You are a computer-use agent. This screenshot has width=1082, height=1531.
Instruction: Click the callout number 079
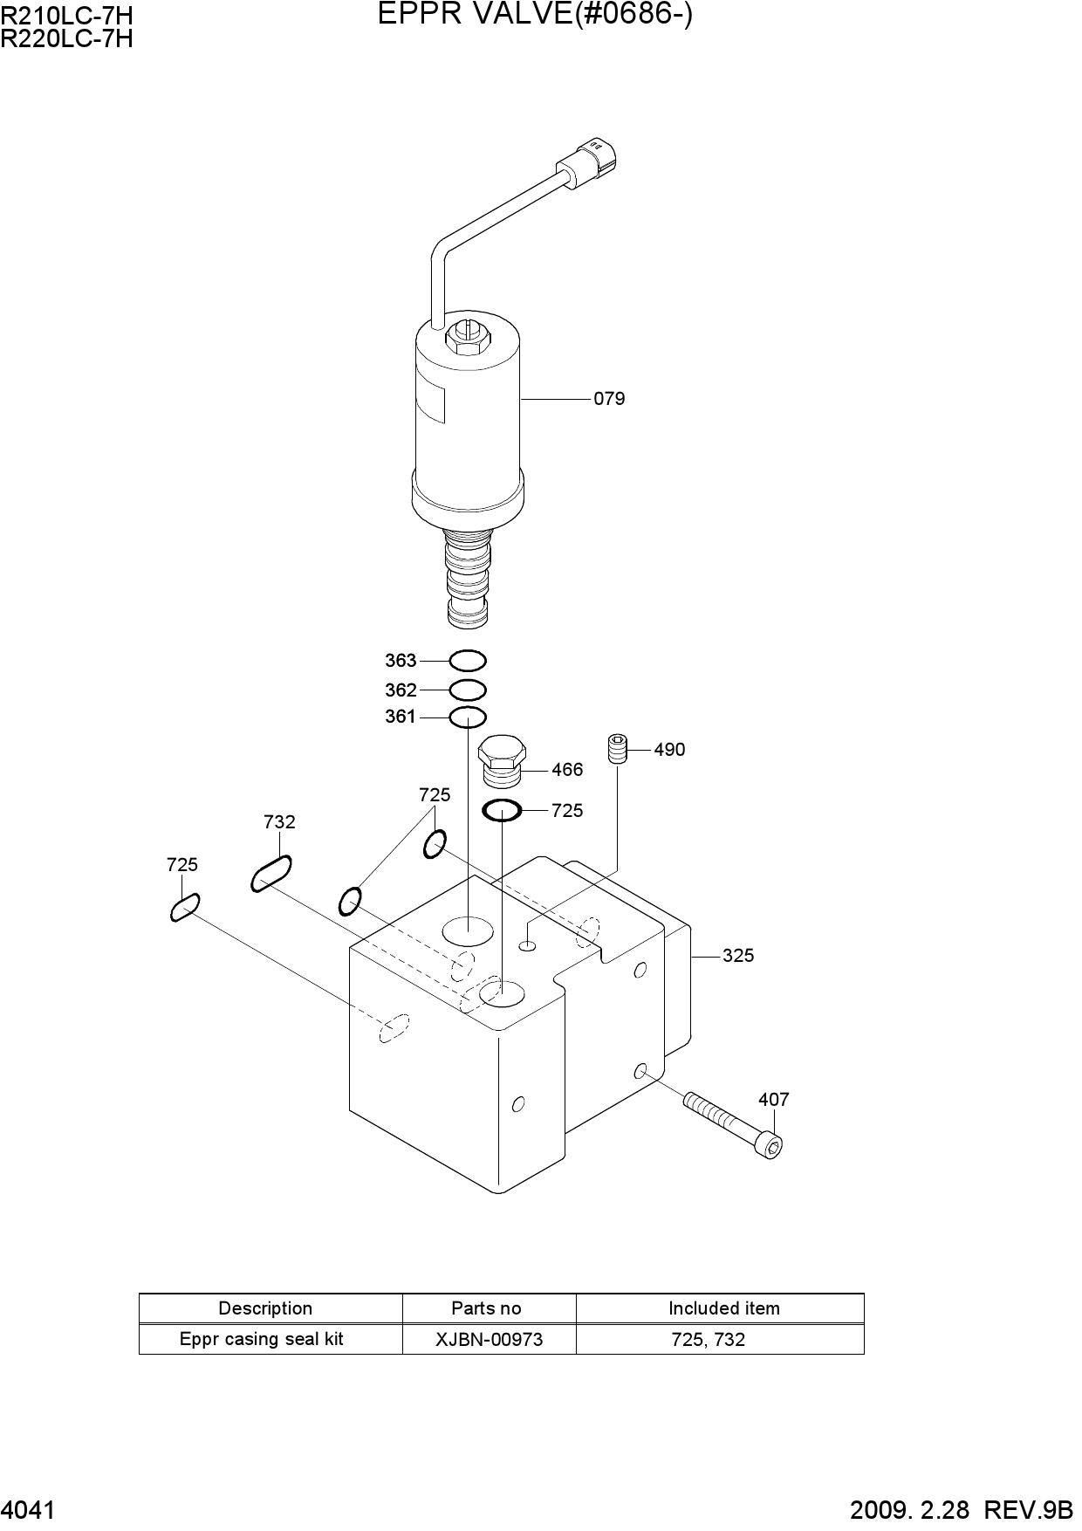[x=609, y=399]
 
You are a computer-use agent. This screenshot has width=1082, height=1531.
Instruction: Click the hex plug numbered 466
[x=501, y=760]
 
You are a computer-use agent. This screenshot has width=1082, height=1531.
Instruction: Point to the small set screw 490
[x=617, y=750]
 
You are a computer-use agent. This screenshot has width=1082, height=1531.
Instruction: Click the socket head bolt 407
[x=733, y=1123]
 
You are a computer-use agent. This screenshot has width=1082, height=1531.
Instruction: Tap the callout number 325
[x=737, y=956]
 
